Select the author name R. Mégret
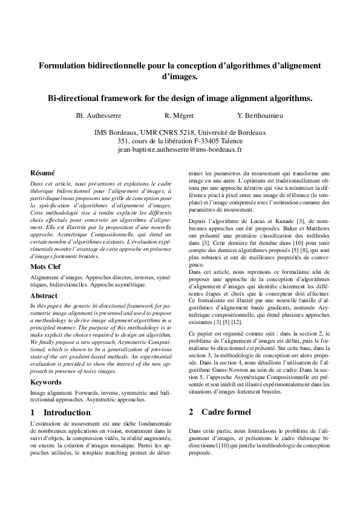coord(179,115)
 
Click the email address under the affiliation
coord(180,149)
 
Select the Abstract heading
coord(44,296)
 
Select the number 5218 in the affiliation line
coord(188,132)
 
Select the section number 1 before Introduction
coord(31,412)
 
